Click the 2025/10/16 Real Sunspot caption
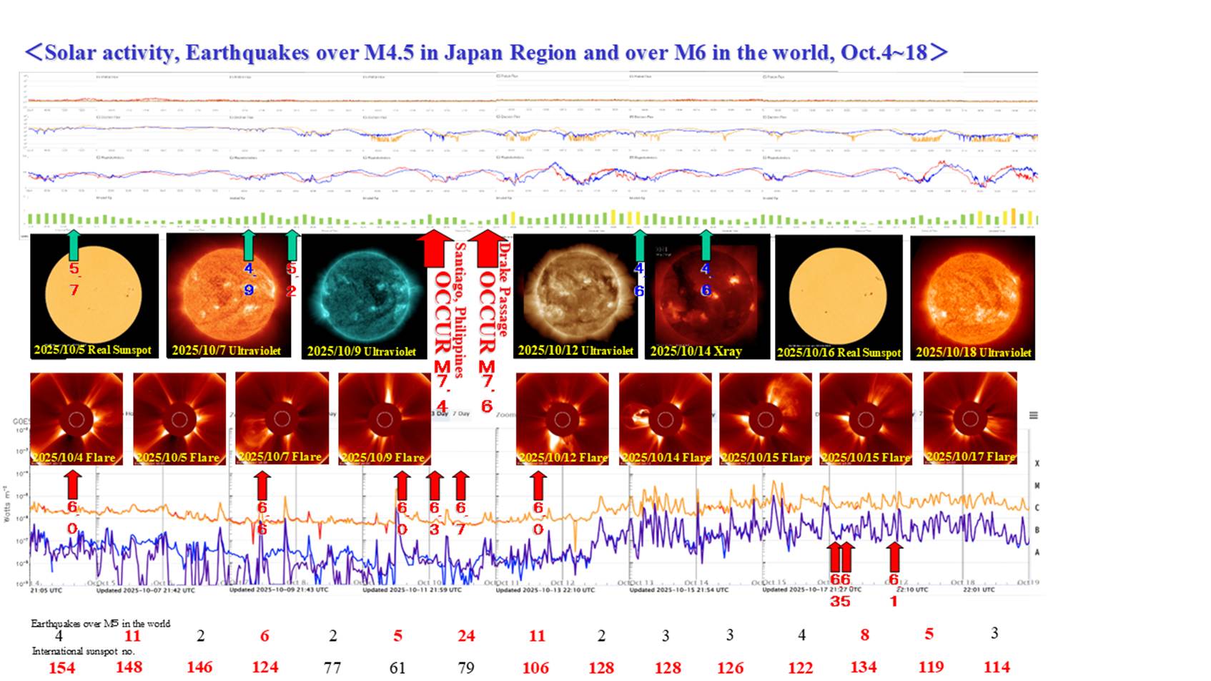click(x=839, y=353)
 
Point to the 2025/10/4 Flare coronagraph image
click(x=76, y=418)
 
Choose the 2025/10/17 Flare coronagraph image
click(x=970, y=418)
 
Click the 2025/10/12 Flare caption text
click(x=563, y=458)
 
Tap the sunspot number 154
click(x=61, y=667)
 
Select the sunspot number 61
click(x=397, y=667)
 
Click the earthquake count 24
click(x=466, y=636)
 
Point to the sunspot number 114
click(x=997, y=667)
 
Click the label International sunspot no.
click(x=84, y=652)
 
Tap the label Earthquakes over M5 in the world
click(x=100, y=624)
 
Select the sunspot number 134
click(x=864, y=667)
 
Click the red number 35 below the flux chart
click(x=840, y=602)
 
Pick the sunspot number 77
click(x=332, y=667)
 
